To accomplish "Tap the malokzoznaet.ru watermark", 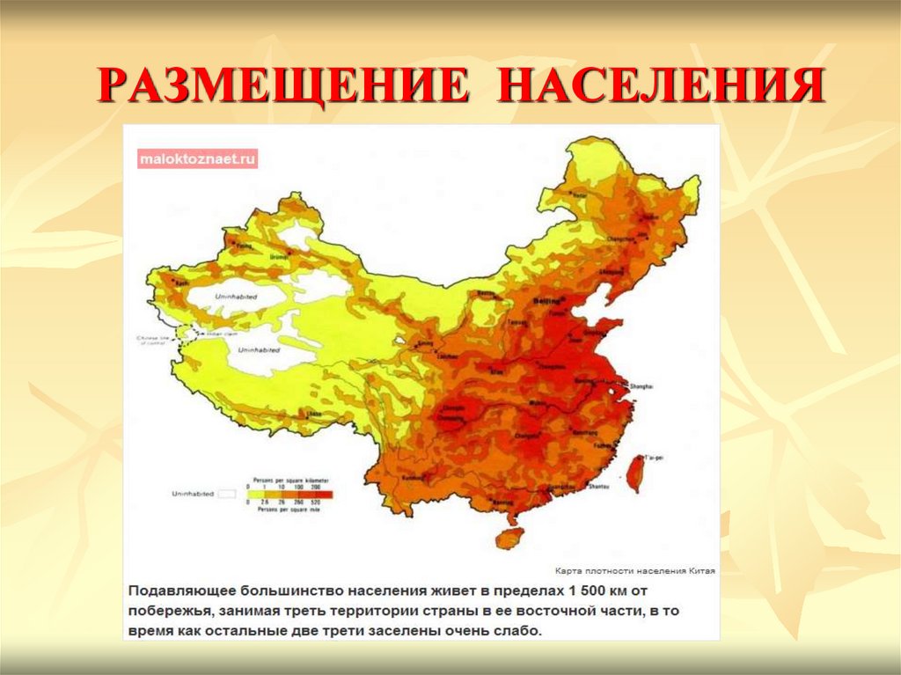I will click(197, 159).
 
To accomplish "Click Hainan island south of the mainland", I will click(509, 536).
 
